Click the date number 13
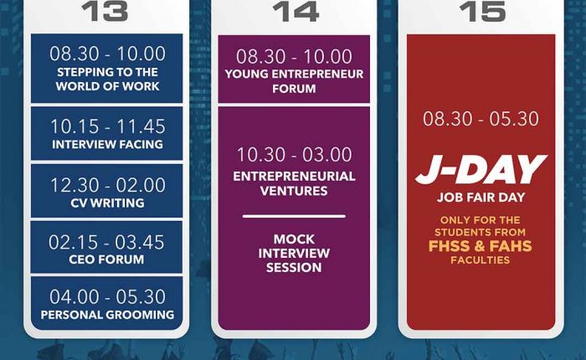point(105,11)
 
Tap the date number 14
point(296,11)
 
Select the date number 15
point(482,11)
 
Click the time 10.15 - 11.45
point(108,126)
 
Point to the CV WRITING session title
point(107,203)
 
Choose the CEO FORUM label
point(106,260)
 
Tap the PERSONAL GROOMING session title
point(107,315)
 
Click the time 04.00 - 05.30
point(107,297)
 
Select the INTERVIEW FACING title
point(107,144)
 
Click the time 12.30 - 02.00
point(108,185)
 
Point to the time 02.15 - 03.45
point(106,242)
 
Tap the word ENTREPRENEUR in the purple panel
point(317,74)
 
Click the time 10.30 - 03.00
point(294,154)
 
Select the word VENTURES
point(294,191)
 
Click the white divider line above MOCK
point(294,216)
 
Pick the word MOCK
point(294,239)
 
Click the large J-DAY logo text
point(481,170)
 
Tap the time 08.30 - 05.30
point(481,119)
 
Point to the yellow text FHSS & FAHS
point(481,246)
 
